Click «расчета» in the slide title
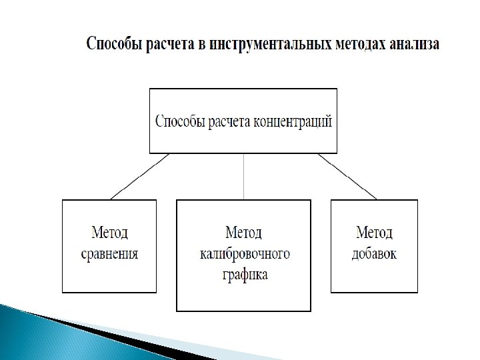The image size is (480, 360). (168, 45)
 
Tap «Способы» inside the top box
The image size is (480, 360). (181, 122)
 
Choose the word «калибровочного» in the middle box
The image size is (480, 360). (243, 254)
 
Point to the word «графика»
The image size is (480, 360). (243, 274)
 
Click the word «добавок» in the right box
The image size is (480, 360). (374, 253)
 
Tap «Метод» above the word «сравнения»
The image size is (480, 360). (109, 233)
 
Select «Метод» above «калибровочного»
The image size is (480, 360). (243, 233)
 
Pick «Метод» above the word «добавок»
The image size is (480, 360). (374, 233)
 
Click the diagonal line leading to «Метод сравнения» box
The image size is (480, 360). (139, 177)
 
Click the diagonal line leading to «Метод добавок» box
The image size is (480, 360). (347, 177)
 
